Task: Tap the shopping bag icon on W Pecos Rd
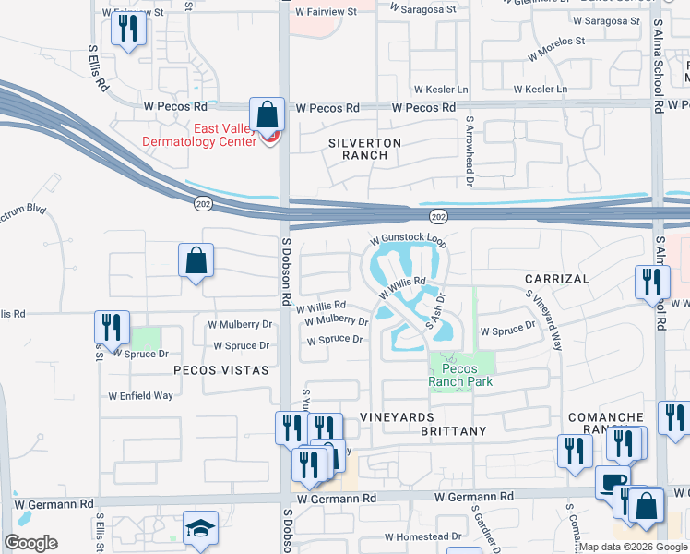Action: click(x=267, y=116)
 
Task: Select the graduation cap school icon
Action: click(x=200, y=528)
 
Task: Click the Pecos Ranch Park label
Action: click(x=460, y=375)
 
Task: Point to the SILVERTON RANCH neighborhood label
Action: click(x=365, y=149)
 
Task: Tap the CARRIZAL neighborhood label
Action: click(x=556, y=278)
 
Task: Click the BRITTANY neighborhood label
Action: click(x=453, y=431)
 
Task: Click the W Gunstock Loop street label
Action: click(x=409, y=237)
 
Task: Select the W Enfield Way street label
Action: click(x=140, y=395)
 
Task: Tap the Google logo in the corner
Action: click(x=30, y=543)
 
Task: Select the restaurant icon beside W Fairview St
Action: click(x=128, y=29)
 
